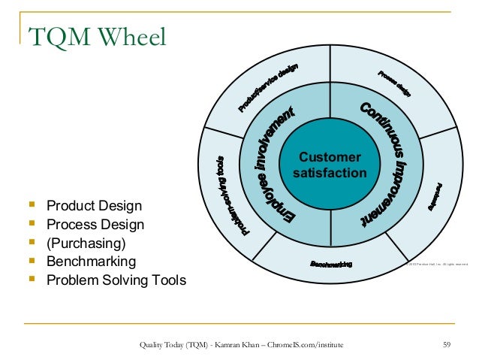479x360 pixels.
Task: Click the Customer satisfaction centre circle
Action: click(x=330, y=166)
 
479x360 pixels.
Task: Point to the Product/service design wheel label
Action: click(x=269, y=89)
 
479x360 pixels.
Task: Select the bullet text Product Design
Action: click(x=94, y=205)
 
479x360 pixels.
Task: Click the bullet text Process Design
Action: click(x=95, y=224)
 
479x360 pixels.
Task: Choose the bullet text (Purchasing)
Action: click(x=86, y=243)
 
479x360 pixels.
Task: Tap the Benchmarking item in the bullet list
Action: click(x=91, y=262)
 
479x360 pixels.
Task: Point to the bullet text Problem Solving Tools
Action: click(x=116, y=280)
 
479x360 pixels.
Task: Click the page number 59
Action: click(x=447, y=344)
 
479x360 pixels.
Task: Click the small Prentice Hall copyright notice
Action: click(x=437, y=264)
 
